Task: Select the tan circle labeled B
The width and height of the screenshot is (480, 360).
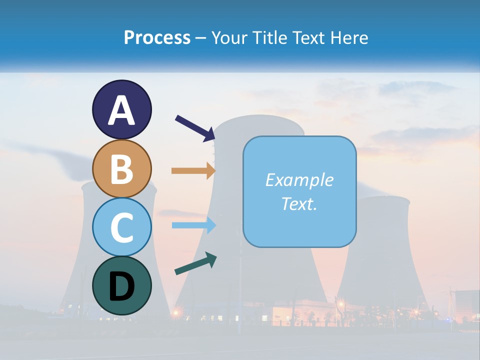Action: click(121, 168)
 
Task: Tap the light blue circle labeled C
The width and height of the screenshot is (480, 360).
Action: click(121, 227)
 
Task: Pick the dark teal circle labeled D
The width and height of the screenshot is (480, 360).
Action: click(121, 285)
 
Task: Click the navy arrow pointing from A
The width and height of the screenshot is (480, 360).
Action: click(195, 128)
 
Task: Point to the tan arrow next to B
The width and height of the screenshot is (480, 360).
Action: click(193, 170)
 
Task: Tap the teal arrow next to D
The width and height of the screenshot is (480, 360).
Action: click(195, 263)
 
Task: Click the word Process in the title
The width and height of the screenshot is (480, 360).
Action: click(157, 37)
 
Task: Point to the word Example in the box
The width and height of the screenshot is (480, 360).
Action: click(299, 180)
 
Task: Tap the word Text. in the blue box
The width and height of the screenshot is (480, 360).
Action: click(299, 203)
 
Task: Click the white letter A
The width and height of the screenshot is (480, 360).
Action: click(121, 110)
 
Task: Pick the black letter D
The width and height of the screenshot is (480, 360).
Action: click(121, 286)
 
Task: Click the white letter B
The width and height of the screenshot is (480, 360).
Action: click(121, 169)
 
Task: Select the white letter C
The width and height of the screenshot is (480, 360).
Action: click(121, 227)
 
